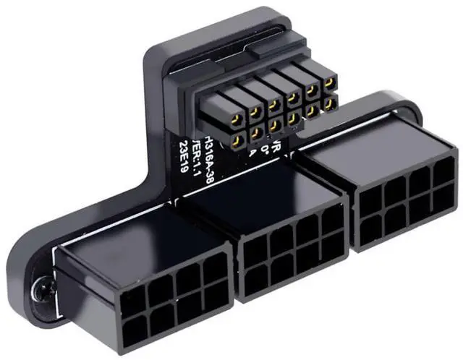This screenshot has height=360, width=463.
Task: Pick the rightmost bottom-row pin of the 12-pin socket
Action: (329, 106)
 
